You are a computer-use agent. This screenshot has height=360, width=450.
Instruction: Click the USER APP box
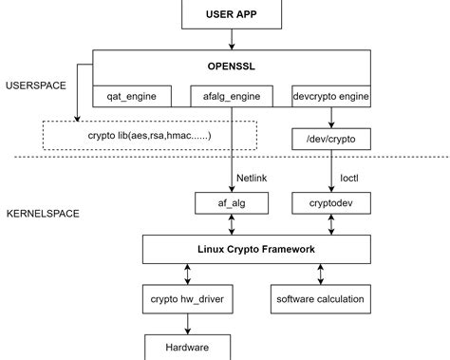(229, 13)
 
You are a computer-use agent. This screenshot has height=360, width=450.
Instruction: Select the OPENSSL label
(229, 67)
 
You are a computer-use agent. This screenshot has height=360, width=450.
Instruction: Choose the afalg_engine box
(232, 96)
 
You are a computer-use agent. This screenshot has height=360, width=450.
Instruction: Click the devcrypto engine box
(329, 96)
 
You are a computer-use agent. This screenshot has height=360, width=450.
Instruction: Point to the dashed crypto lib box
(149, 135)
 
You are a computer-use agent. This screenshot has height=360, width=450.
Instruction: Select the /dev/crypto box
(331, 140)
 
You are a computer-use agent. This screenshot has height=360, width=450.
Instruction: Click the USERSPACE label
(35, 85)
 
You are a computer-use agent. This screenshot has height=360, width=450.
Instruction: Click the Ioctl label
(349, 177)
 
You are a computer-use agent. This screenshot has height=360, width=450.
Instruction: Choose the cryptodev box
(331, 202)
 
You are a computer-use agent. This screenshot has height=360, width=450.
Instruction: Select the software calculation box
(319, 299)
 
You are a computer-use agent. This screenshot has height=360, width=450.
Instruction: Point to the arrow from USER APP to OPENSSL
(229, 39)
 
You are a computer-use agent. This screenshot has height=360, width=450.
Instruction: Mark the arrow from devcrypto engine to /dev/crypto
(331, 118)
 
